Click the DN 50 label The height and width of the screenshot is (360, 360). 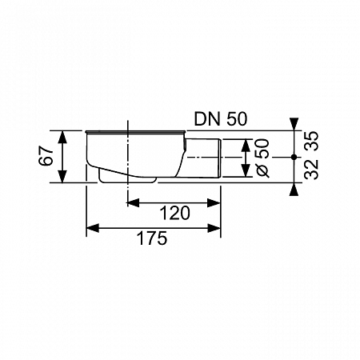tap(221, 119)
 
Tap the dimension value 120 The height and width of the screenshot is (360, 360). tap(174, 213)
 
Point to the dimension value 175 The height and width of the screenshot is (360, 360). tap(152, 238)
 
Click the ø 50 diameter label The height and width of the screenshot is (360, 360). tap(262, 158)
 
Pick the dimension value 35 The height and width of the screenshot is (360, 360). tap(312, 141)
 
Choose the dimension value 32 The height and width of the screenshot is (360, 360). tap(312, 169)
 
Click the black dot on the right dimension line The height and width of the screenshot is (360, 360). tap(294, 158)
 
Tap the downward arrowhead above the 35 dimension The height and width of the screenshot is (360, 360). tap(294, 124)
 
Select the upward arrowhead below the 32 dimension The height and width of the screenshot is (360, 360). tap(294, 190)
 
